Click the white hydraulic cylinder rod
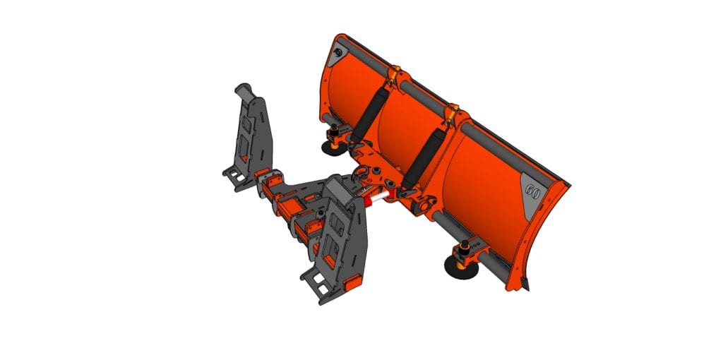pos(381,200)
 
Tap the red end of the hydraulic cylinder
pos(368,204)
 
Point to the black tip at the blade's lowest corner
pos(525,284)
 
